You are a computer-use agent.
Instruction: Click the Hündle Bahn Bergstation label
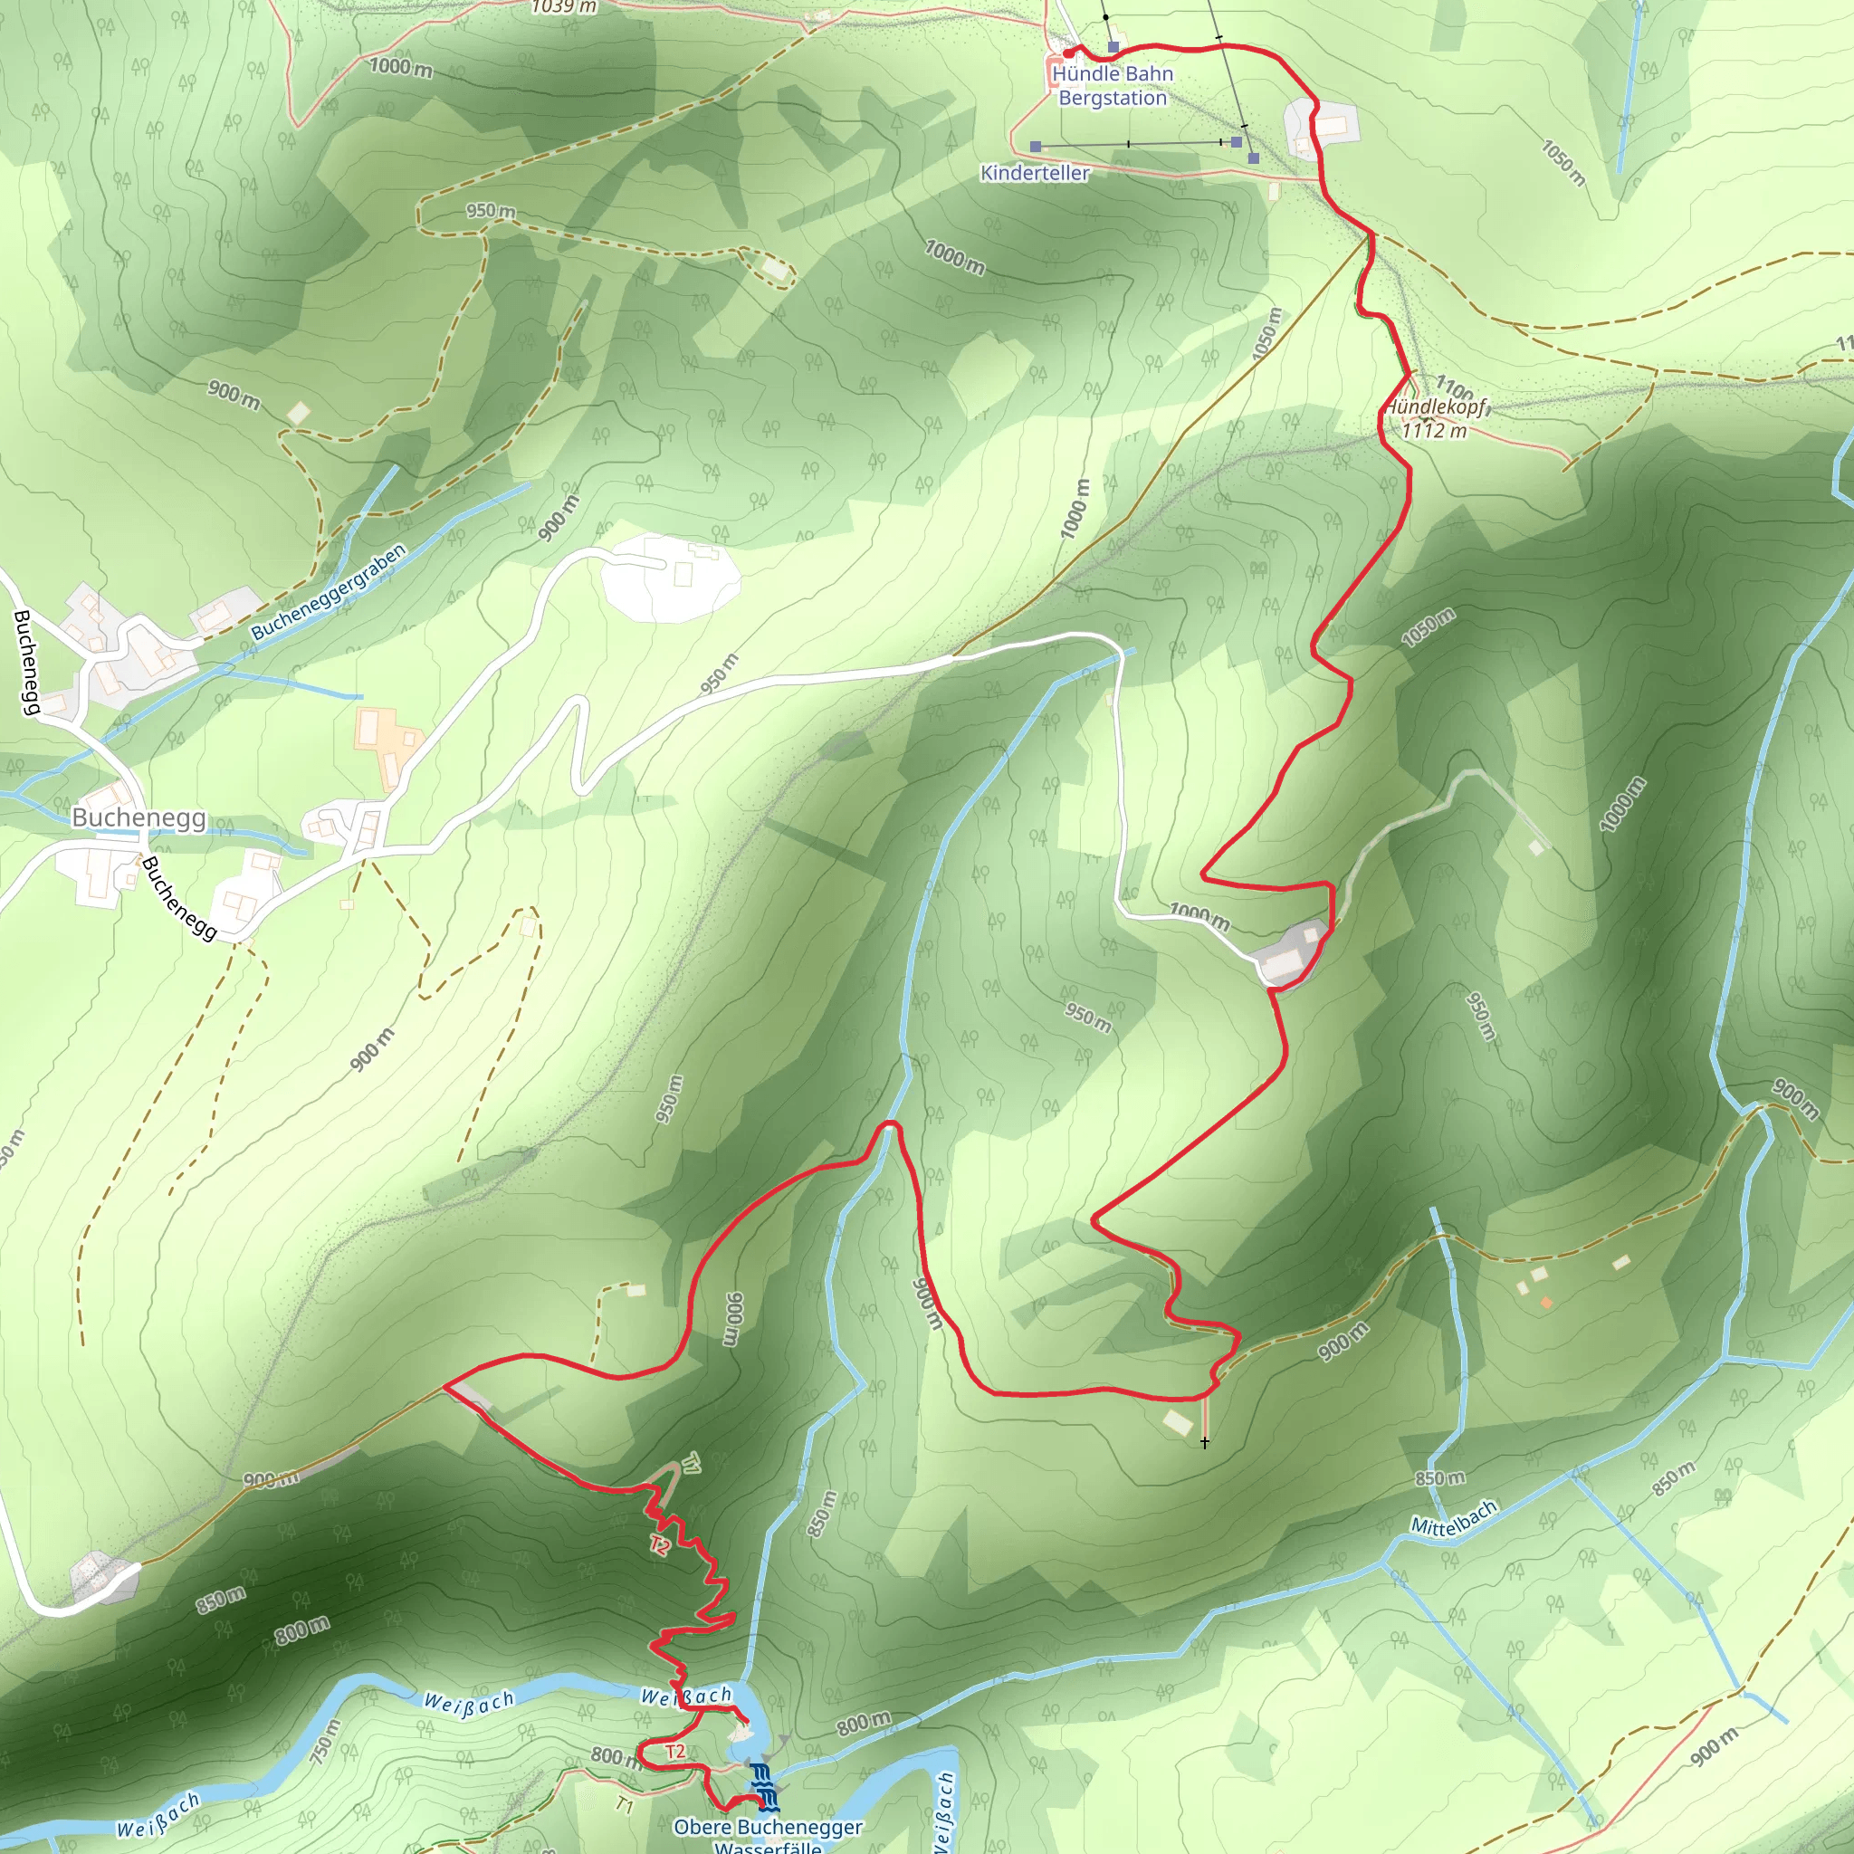click(1113, 85)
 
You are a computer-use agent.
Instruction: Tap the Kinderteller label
click(1035, 173)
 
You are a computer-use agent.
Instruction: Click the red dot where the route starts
click(1068, 53)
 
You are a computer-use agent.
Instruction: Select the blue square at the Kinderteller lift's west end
click(1036, 147)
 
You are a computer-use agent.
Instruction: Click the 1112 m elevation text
click(1434, 430)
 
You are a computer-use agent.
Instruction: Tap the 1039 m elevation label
click(564, 6)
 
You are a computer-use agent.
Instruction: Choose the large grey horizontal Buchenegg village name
click(139, 817)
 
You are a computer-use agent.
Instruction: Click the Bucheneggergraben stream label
click(330, 592)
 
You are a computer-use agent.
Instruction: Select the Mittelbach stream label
click(1453, 1517)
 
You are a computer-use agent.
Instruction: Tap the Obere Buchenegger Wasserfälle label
click(768, 1835)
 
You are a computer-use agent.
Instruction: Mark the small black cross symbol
click(1204, 1442)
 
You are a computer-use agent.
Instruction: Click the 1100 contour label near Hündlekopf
click(1454, 387)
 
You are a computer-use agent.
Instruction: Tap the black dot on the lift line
click(1105, 17)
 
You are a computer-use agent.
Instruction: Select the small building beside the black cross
click(1178, 1422)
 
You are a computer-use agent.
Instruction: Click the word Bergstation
click(1113, 98)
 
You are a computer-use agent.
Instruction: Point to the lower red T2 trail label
click(674, 1752)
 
